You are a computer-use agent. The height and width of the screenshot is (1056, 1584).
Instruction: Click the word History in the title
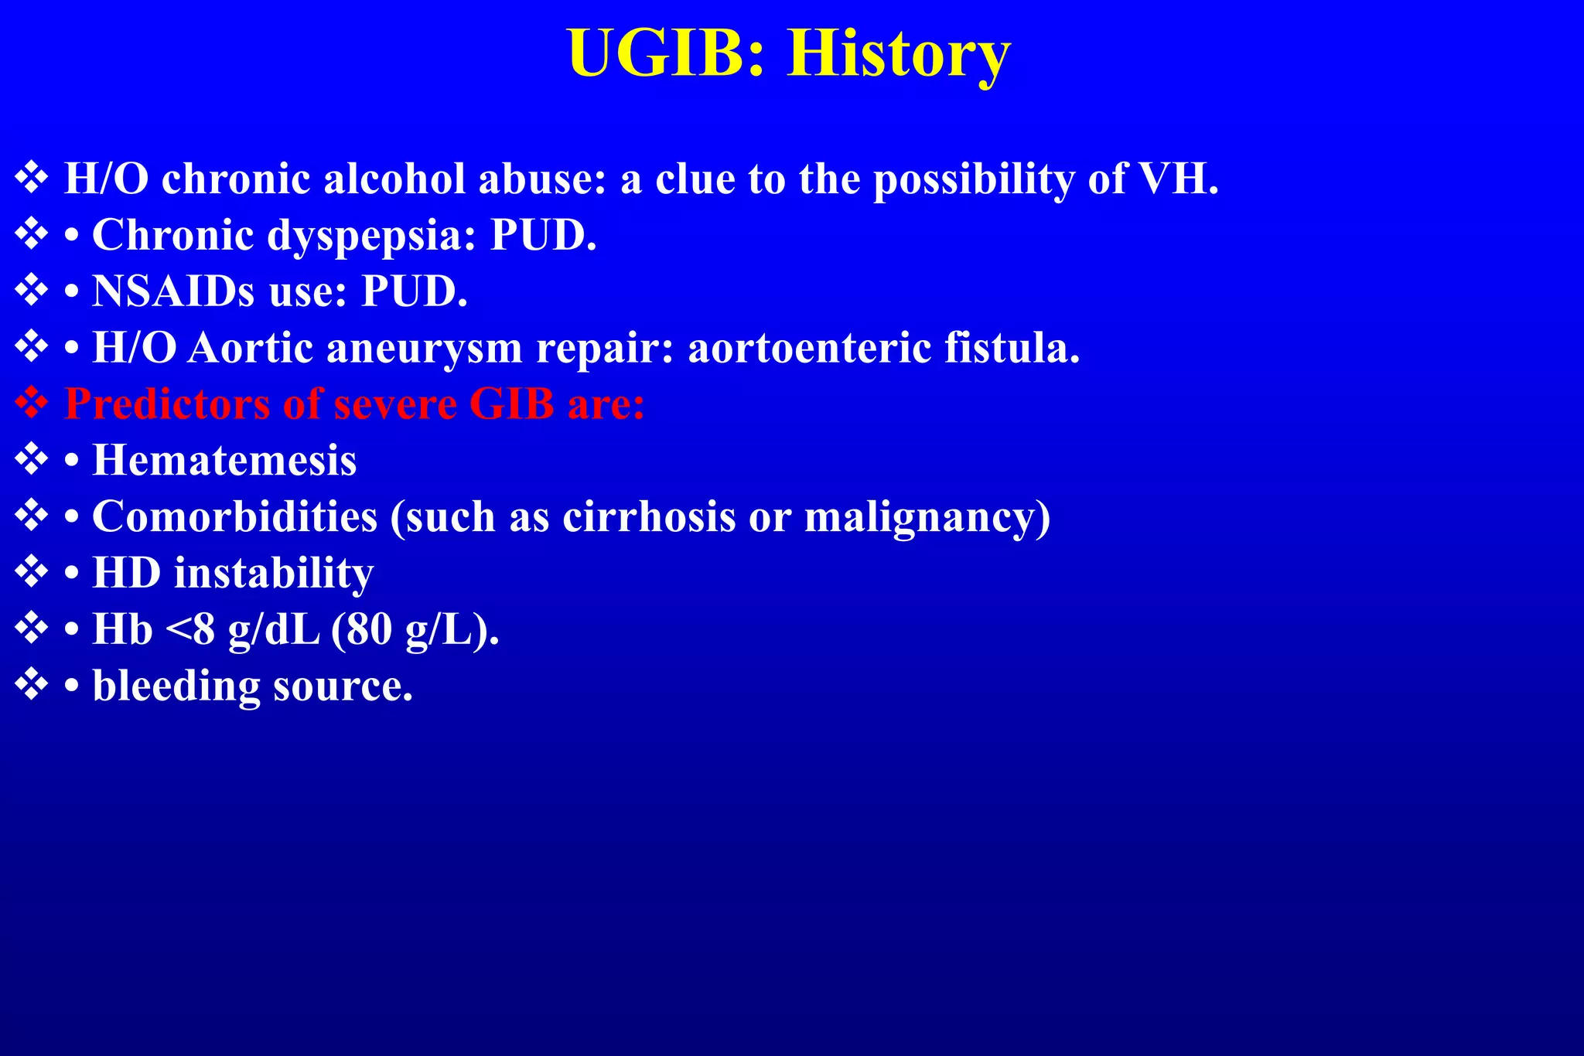(x=898, y=54)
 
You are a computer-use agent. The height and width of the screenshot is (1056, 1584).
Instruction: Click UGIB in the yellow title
(x=666, y=54)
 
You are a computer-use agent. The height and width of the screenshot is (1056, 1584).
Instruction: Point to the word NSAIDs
(x=173, y=291)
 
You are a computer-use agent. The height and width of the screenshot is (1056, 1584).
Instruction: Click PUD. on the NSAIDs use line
(x=415, y=291)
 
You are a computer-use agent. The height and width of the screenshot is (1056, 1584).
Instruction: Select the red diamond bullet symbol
(x=32, y=403)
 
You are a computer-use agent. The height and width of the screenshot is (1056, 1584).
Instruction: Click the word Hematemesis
(x=224, y=461)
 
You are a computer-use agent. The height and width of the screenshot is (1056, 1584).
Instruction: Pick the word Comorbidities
(x=234, y=516)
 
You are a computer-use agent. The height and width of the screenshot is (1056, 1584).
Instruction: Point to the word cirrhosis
(x=648, y=516)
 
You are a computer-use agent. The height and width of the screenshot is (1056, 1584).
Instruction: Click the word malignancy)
(x=927, y=516)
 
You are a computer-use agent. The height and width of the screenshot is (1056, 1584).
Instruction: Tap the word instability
(x=273, y=573)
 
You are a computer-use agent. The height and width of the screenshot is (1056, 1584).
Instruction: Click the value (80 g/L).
(x=415, y=629)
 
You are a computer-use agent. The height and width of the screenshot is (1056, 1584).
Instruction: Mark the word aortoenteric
(x=809, y=348)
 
